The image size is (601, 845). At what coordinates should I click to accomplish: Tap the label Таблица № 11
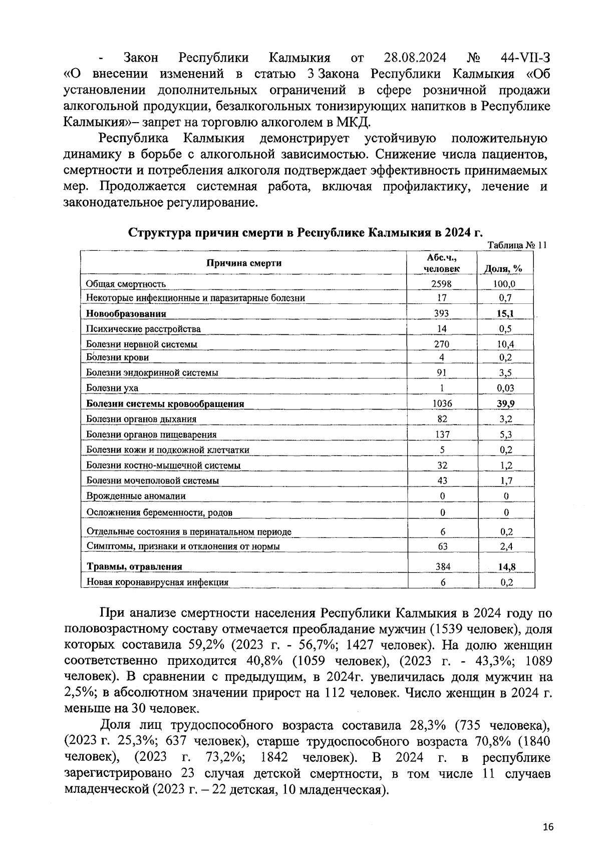[x=517, y=245]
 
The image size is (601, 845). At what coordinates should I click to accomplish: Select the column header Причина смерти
[x=244, y=263]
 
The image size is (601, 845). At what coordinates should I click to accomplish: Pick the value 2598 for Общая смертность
[x=442, y=284]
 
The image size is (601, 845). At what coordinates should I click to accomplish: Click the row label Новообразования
[x=126, y=314]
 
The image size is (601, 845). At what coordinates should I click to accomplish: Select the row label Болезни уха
[x=112, y=388]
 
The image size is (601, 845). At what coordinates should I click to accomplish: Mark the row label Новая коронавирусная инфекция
[x=157, y=582]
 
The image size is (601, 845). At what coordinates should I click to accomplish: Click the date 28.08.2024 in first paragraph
[x=415, y=58]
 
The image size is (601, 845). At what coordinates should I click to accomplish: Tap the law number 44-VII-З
[x=525, y=58]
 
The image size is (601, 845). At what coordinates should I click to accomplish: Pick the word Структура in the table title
[x=159, y=233]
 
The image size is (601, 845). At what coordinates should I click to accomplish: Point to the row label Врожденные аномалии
[x=136, y=496]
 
